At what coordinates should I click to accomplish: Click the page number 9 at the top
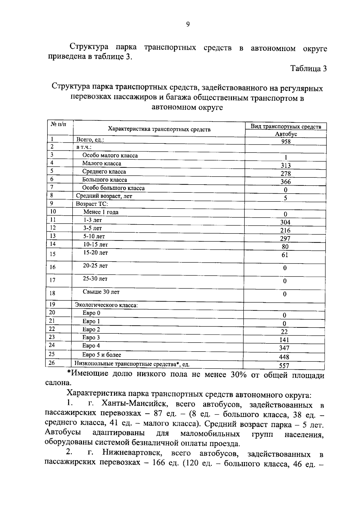188,25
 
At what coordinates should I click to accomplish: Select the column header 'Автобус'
286,134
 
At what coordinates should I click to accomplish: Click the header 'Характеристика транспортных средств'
159,129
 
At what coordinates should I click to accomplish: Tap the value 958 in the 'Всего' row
286,141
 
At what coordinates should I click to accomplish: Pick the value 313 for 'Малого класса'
286,165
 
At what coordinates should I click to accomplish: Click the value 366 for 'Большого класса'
286,182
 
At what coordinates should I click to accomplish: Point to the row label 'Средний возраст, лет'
104,196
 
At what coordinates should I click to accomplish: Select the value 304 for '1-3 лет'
285,222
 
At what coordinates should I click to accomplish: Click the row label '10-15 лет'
95,244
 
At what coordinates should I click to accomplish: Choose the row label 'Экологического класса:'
106,305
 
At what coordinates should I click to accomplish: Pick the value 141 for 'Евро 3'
284,340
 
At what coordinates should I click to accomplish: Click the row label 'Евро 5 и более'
102,355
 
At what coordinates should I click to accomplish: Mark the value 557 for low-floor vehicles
284,366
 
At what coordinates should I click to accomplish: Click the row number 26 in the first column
52,363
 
